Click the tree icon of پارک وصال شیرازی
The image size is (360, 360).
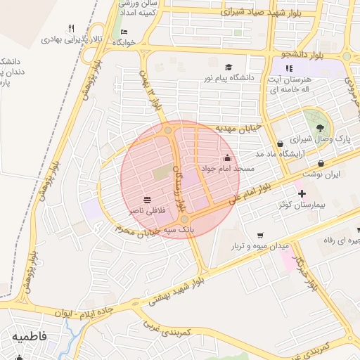click(321, 127)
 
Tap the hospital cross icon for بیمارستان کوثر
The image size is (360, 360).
click(302, 193)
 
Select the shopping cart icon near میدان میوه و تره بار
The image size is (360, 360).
click(260, 235)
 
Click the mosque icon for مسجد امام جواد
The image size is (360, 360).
click(226, 157)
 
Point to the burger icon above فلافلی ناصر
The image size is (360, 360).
click(146, 200)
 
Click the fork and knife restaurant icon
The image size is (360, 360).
click(71, 29)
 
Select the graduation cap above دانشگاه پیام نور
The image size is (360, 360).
click(209, 67)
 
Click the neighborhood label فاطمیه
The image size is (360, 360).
click(29, 337)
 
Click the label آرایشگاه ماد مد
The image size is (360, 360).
click(259, 153)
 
